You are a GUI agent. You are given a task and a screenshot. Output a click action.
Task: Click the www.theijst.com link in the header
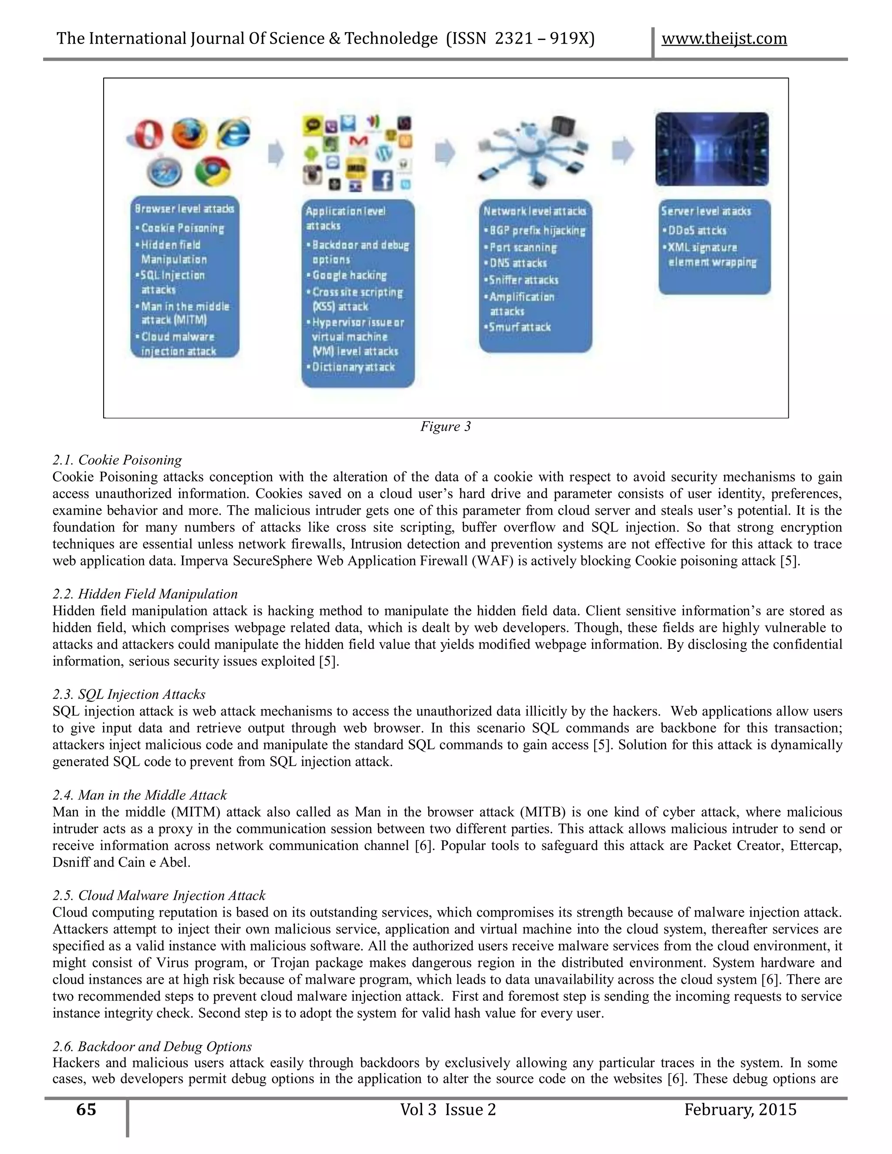[724, 39]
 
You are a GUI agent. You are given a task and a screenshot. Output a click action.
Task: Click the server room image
[712, 149]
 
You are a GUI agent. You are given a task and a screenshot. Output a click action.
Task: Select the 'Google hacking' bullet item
[349, 275]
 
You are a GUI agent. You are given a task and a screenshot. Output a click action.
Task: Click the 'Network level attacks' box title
[534, 211]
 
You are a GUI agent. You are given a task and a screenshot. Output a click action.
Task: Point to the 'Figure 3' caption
[445, 426]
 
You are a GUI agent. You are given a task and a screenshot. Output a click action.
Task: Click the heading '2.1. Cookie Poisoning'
[117, 460]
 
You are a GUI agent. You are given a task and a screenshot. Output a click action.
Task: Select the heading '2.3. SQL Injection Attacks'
[128, 694]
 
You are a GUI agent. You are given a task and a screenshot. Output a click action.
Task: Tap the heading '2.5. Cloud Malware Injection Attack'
[159, 896]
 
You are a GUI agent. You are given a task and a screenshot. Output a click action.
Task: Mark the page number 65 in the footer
[86, 1110]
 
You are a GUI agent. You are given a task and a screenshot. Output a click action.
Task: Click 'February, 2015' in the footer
[740, 1110]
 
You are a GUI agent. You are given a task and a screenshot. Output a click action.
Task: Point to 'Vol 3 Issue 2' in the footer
[448, 1110]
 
